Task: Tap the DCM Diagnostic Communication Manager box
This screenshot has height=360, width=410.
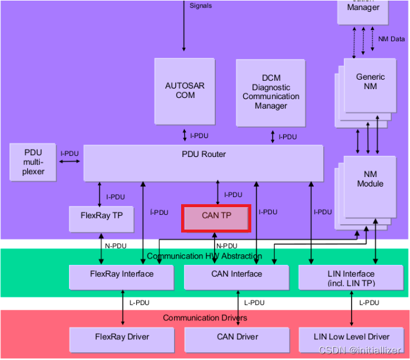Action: [x=271, y=93]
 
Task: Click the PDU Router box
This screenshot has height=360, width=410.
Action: [x=203, y=163]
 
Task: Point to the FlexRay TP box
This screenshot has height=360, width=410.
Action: [x=101, y=218]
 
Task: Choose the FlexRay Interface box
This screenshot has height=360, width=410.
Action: [x=122, y=277]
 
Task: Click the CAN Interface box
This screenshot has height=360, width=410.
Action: [x=237, y=277]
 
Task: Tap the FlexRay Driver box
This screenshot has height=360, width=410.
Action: [x=122, y=339]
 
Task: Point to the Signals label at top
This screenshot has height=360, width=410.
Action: [x=201, y=6]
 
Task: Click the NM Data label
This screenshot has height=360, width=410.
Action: [x=392, y=39]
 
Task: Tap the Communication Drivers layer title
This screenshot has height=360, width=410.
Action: [x=205, y=318]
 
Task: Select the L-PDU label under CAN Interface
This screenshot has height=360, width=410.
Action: [x=254, y=303]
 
